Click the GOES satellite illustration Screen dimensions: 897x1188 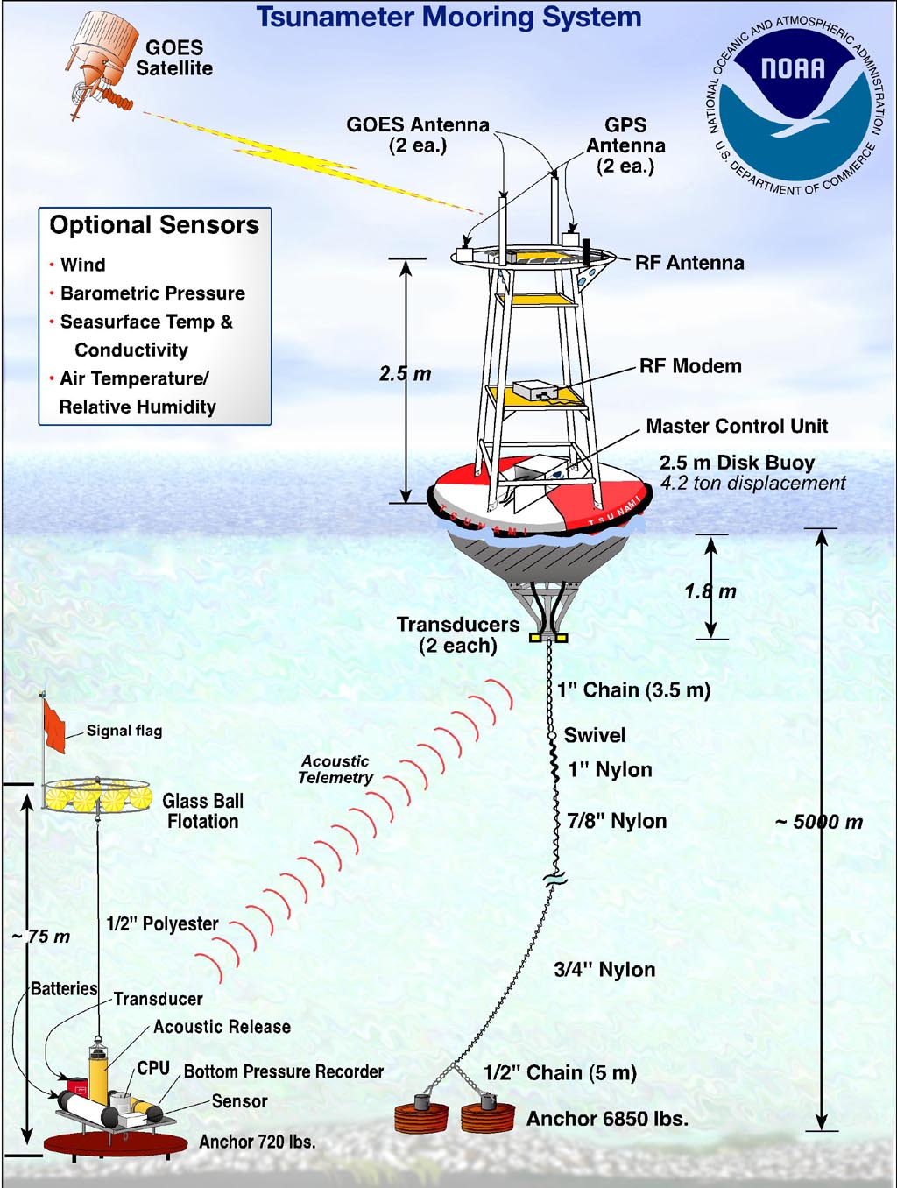102,64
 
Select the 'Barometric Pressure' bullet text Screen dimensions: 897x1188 152,293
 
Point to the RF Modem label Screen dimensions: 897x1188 690,366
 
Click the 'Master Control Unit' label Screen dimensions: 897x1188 737,426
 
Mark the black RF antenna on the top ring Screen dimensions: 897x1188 587,251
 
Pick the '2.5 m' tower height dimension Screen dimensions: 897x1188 406,373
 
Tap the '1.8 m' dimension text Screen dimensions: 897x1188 710,591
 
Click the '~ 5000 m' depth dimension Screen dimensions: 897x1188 819,822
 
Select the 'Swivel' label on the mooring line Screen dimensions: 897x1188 595,735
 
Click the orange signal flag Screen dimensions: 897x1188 54,725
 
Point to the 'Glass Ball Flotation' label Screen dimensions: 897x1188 203,810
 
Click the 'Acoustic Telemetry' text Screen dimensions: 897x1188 335,769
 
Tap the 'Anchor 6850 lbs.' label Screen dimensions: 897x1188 607,1119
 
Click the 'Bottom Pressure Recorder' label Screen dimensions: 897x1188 284,1071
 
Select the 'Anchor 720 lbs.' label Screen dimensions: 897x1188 258,1142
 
